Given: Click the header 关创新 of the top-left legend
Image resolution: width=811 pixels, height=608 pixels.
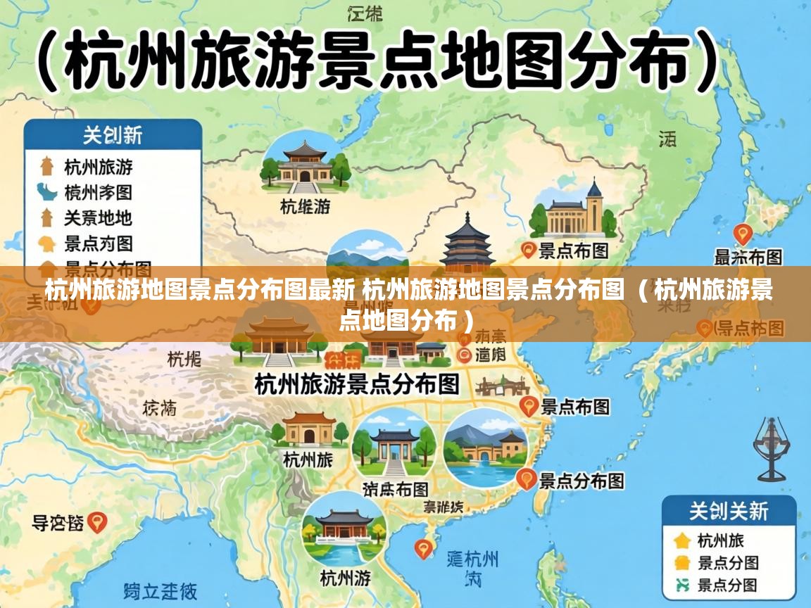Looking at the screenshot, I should coord(113,134).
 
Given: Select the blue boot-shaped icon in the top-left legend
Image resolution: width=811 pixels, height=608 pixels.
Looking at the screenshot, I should coord(46,191).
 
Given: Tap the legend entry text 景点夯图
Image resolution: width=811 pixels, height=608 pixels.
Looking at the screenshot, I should coord(98,243).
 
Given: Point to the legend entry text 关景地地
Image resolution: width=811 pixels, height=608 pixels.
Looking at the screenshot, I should coord(98,217).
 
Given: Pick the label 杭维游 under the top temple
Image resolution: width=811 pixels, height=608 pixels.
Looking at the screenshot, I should coord(305,206).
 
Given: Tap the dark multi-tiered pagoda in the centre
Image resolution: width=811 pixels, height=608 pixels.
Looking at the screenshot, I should coord(467,243).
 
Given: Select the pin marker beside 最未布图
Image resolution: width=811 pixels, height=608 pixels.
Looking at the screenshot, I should coord(743,234).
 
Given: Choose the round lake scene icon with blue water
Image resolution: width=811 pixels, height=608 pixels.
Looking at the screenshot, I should coord(485,448).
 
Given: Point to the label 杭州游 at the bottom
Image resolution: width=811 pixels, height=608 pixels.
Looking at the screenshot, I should coord(345,578).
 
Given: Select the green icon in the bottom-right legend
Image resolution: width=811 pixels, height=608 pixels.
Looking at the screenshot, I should coord(681,583).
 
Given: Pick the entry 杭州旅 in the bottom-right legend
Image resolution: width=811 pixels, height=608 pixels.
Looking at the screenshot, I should coord(720,540).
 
